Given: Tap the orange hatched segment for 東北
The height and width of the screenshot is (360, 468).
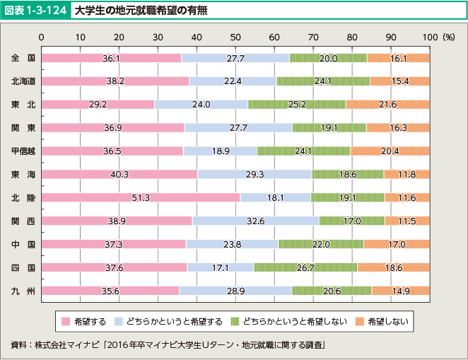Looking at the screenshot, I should coord(387,105).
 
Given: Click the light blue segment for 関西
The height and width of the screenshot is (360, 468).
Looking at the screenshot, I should coord(256,221).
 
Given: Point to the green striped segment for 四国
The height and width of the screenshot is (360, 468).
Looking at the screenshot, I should coord(305,267).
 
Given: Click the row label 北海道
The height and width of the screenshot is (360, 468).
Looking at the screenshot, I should coord(23,81).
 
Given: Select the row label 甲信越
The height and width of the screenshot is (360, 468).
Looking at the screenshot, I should coord(23,151).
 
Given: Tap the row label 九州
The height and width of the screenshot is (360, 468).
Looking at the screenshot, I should coord(23,290).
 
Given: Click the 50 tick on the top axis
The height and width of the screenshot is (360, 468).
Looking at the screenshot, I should coord(235,36).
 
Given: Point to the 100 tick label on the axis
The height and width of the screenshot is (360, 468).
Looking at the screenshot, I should coord(429,36).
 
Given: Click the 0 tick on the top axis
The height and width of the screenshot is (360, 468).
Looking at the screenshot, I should coord(42,36).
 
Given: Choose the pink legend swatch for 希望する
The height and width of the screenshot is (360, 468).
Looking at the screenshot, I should coord(66,321).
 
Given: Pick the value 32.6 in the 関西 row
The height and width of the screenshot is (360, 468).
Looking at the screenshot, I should coord(256,221).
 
